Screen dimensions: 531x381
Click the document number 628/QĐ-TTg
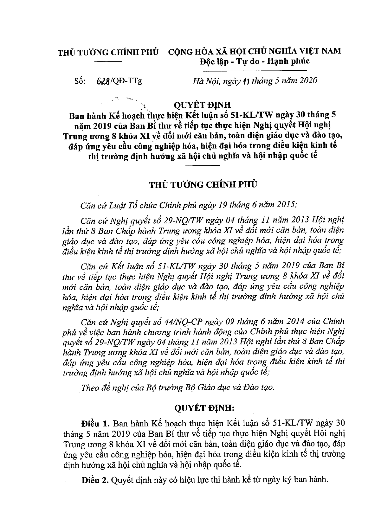coord(119,81)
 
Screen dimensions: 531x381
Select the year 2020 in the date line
coord(307,81)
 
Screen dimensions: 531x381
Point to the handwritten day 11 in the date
coord(244,81)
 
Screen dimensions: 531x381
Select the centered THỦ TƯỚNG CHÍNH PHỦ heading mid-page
coord(203,185)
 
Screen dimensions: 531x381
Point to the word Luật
coord(112,205)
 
